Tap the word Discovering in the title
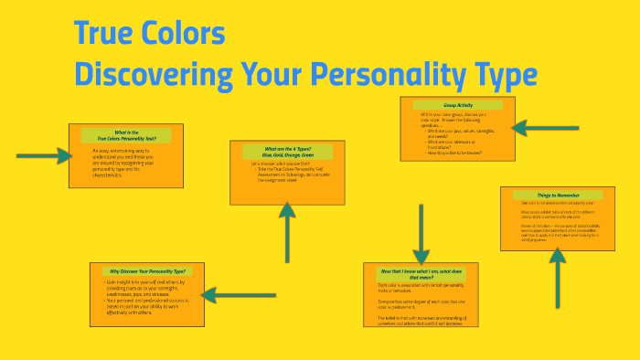click(151, 73)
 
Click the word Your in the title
click(270, 73)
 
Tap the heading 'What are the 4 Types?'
click(286, 148)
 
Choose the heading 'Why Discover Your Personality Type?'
click(147, 271)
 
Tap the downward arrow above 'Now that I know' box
click(421, 233)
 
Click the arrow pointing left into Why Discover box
click(232, 294)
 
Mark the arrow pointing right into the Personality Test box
click(43, 156)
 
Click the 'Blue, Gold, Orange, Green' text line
click(286, 156)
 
